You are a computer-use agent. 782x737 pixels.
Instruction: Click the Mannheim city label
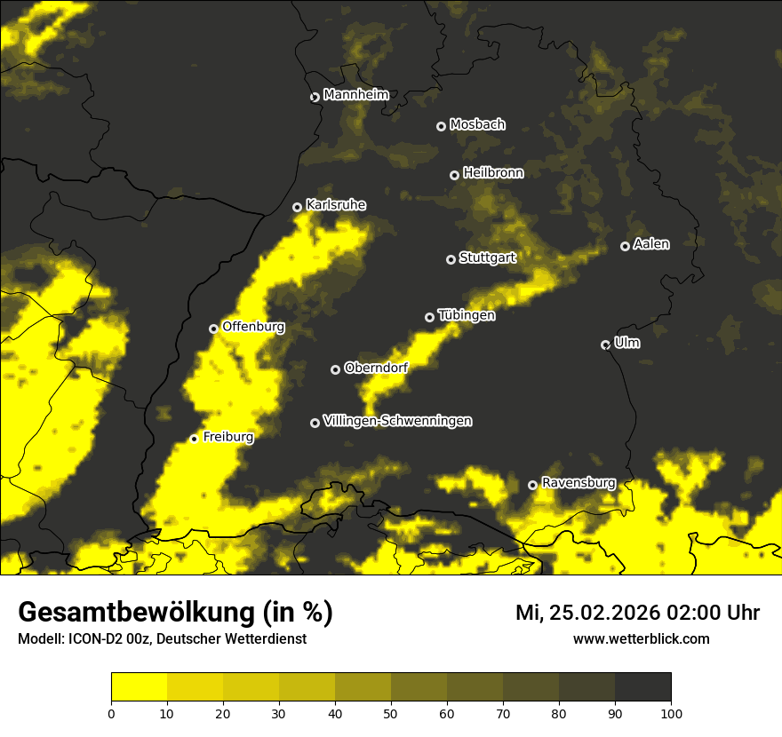tap(355, 95)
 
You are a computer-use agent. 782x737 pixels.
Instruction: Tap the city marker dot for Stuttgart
tap(451, 259)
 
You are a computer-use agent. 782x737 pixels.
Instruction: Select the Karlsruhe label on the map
tap(335, 205)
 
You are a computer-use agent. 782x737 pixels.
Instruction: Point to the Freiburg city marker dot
tap(194, 439)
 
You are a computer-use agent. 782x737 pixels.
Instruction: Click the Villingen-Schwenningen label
tap(397, 421)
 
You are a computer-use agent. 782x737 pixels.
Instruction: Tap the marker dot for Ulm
tap(605, 345)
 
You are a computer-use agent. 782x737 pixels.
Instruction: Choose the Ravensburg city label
tap(578, 483)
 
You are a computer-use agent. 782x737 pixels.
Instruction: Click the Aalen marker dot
tap(625, 246)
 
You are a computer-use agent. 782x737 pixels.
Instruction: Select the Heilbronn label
tap(493, 173)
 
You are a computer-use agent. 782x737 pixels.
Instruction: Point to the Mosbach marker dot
tap(441, 126)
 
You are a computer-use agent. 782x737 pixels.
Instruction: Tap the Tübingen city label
tap(467, 315)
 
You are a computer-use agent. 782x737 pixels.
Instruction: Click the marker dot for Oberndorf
tap(335, 369)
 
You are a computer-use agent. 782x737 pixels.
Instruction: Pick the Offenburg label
tap(253, 327)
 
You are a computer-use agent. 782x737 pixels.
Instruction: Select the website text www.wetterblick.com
tap(641, 638)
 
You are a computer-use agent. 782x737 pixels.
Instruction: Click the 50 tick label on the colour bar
tap(391, 713)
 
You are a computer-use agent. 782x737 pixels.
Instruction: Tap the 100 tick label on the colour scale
tap(671, 713)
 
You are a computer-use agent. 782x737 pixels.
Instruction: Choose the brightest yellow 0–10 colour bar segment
tap(140, 686)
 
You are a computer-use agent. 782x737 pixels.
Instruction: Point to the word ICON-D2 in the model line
tap(92, 638)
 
